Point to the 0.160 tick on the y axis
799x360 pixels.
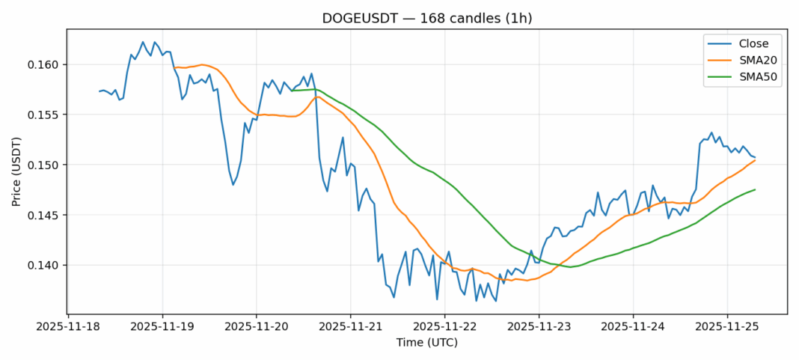pos(44,64)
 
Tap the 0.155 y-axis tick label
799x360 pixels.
pos(44,115)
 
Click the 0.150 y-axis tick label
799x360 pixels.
pos(44,165)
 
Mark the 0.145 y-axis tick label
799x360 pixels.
pos(44,215)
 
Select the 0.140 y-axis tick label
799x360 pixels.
pos(44,265)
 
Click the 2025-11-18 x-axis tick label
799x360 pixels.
pos(68,327)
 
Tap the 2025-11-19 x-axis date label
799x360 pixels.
pos(162,327)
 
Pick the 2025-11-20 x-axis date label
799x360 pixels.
pos(257,327)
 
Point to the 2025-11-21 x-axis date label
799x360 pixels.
pos(351,327)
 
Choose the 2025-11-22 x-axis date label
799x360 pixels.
pos(445,327)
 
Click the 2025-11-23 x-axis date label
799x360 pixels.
pos(539,327)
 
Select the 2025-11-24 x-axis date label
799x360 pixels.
pos(634,327)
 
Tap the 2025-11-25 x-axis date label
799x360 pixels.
pos(728,327)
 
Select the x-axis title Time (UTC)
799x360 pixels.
pos(426,343)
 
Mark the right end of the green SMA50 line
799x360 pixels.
pos(755,189)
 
